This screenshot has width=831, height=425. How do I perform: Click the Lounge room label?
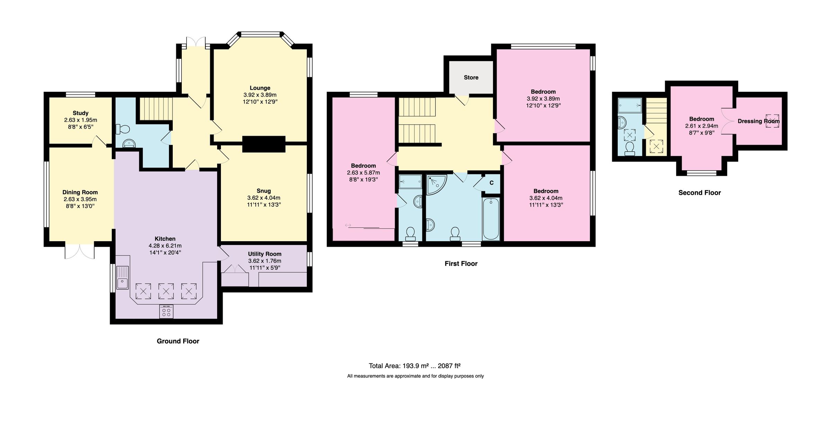pos(260,88)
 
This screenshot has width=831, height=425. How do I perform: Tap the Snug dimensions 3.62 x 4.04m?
pos(263,198)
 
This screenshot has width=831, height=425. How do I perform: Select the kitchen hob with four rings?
pos(166,311)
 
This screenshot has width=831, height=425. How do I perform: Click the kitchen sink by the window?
pos(122,278)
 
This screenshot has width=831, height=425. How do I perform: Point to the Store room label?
pos(471,78)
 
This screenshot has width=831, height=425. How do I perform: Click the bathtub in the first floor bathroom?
pos(491,219)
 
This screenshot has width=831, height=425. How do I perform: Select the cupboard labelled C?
pos(491,183)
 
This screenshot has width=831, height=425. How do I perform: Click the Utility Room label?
pos(265,254)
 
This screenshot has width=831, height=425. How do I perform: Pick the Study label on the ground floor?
pos(80,113)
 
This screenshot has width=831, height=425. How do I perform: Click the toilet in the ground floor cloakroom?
pos(123,129)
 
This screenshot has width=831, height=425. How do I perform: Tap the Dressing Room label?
pos(758,121)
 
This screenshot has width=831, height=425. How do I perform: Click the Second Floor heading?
pos(699,193)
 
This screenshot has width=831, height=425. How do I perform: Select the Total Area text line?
pos(414,366)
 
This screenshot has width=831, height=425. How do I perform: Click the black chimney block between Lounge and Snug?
pos(263,144)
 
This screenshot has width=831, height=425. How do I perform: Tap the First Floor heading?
pos(461,264)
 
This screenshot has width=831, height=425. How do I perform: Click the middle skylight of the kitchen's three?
pos(166,291)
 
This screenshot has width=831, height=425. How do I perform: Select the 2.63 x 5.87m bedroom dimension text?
pos(363,173)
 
